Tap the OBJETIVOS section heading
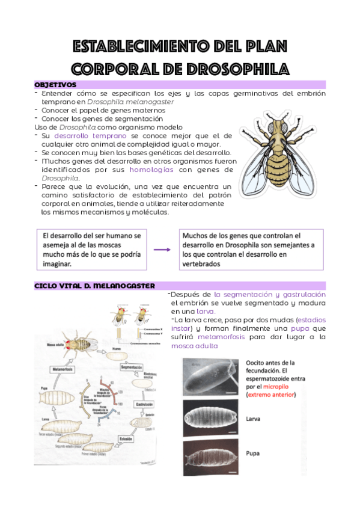55,85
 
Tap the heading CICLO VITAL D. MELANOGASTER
95,285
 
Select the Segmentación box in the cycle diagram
135,366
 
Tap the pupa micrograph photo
211,458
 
